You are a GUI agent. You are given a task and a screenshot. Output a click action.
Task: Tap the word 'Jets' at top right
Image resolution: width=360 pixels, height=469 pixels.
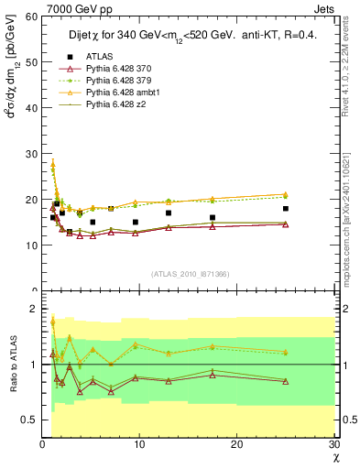point(327,7)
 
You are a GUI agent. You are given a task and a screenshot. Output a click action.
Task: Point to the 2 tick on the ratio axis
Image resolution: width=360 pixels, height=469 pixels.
point(33,309)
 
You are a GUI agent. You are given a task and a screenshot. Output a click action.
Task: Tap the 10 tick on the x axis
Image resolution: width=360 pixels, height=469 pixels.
point(139,444)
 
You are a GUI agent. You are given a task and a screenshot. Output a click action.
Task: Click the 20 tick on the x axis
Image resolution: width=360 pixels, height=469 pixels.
point(237,444)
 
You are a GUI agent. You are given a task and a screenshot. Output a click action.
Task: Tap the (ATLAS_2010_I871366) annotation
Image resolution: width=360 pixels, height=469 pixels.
point(190,273)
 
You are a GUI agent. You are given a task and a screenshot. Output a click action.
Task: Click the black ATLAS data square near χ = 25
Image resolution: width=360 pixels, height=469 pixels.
point(286,209)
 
